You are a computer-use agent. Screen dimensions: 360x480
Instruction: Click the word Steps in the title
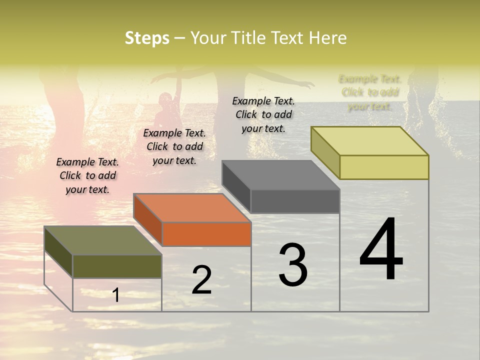tap(147, 38)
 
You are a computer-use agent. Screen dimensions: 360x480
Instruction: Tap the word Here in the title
tap(328, 38)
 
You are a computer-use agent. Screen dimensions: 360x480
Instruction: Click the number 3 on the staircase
tap(293, 264)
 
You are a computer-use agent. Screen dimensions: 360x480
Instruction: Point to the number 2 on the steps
tap(201, 280)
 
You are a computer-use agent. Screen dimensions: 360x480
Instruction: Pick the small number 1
tap(116, 295)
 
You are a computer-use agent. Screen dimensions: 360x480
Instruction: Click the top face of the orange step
tap(192, 207)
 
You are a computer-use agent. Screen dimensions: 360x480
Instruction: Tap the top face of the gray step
tap(281, 175)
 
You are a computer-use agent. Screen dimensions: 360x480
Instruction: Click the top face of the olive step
tap(103, 240)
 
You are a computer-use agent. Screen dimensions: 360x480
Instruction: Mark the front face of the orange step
tap(206, 234)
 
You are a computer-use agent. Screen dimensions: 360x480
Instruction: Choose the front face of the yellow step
tap(384, 167)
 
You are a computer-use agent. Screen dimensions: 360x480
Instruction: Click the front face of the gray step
tap(295, 201)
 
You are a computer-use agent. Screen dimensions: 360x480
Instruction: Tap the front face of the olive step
tap(117, 266)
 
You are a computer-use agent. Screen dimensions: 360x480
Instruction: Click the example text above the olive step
tap(87, 175)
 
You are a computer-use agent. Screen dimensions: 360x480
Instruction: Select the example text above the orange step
tap(174, 146)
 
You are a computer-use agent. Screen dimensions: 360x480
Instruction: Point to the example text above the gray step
tap(263, 114)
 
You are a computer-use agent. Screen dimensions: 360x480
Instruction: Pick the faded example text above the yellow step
tap(370, 92)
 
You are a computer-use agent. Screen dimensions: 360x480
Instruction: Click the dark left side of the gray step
tap(236, 187)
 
